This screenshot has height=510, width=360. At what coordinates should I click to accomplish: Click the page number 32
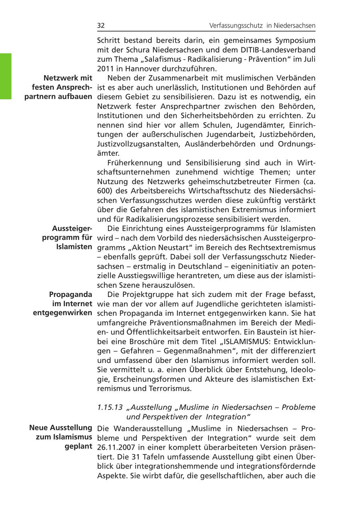point(101,26)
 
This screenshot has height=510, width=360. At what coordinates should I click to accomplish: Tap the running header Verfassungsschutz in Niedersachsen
point(262,26)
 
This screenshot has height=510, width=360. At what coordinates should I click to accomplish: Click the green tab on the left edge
point(6,76)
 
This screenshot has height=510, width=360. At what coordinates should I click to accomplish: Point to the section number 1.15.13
point(110,407)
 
